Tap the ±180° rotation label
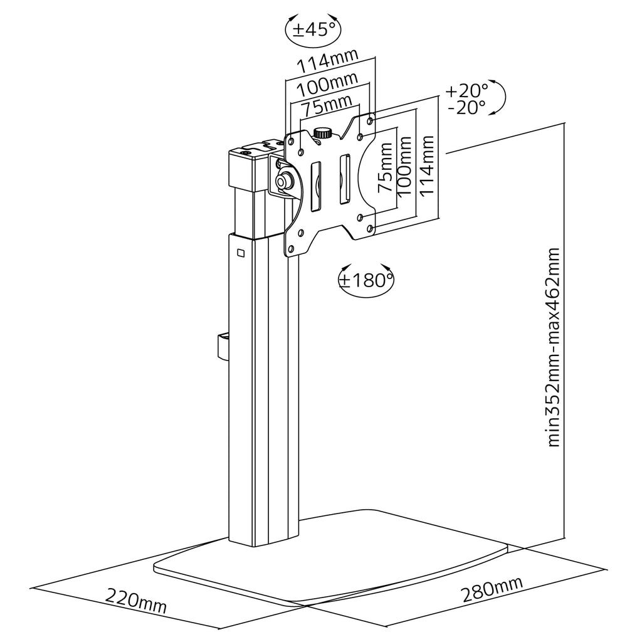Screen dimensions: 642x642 pyautogui.click(x=366, y=280)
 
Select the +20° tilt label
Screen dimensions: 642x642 pyautogui.click(x=466, y=90)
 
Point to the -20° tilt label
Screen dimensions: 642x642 pyautogui.click(x=466, y=108)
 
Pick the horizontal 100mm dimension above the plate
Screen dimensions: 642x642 pyautogui.click(x=327, y=85)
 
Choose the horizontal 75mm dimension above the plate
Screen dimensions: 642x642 pyautogui.click(x=327, y=105)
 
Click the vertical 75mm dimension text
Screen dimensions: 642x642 pyautogui.click(x=384, y=167)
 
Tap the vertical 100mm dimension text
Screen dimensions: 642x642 pyautogui.click(x=404, y=166)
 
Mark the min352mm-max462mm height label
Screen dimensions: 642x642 pyautogui.click(x=553, y=347)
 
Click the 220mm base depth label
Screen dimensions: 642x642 pyautogui.click(x=136, y=600)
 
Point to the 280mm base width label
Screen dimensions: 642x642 pyautogui.click(x=492, y=589)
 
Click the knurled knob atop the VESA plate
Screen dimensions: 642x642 pyautogui.click(x=323, y=133)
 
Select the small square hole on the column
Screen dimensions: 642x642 pyautogui.click(x=241, y=253)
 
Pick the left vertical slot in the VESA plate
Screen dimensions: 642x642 pyautogui.click(x=316, y=187)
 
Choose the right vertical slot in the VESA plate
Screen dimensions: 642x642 pyautogui.click(x=344, y=179)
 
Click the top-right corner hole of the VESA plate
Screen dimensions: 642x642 pyautogui.click(x=370, y=121)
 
